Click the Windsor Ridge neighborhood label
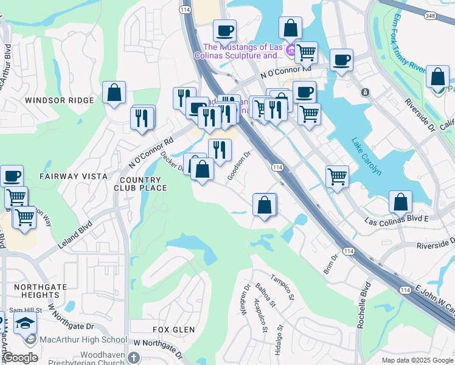(60, 100)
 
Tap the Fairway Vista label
(64, 176)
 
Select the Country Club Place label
(141, 184)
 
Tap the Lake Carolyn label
(366, 157)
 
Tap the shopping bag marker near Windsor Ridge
(114, 93)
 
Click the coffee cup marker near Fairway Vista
(12, 176)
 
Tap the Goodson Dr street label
(238, 165)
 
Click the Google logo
(19, 358)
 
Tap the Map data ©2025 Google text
(417, 360)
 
